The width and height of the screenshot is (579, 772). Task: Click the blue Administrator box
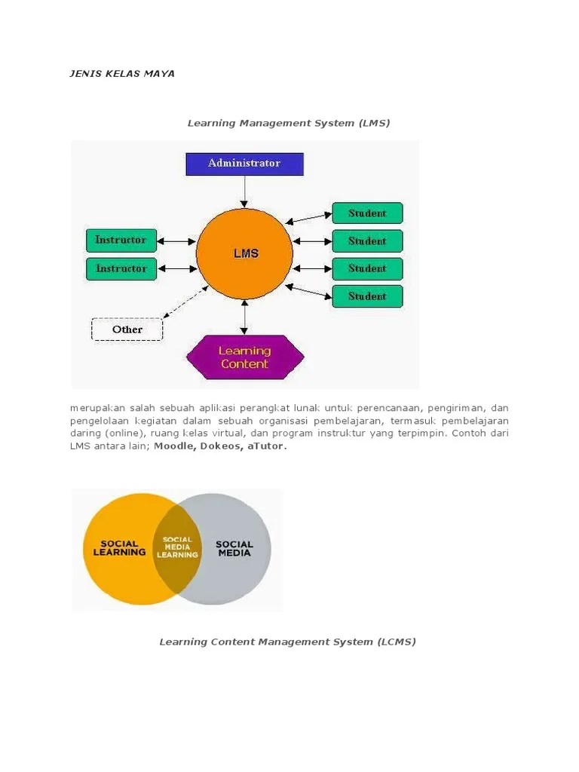244,164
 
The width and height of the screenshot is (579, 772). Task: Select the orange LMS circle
244,254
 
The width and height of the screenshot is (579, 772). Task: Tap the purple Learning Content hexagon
244,357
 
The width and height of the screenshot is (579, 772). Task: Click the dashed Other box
127,329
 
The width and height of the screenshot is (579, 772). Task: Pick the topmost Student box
367,213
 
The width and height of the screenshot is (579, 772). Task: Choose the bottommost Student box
367,296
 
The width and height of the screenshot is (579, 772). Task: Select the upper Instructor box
121,240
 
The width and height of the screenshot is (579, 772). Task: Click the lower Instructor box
121,268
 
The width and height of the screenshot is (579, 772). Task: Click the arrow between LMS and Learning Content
244,317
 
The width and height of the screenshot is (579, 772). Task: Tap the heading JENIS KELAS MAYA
121,74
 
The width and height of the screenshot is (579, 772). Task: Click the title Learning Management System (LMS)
289,123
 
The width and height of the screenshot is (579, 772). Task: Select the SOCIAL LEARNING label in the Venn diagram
119,548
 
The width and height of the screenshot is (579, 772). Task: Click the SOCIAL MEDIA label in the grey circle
234,548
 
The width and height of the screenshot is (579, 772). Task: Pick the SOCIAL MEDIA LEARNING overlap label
177,547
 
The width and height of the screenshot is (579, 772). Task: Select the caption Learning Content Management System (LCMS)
287,642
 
